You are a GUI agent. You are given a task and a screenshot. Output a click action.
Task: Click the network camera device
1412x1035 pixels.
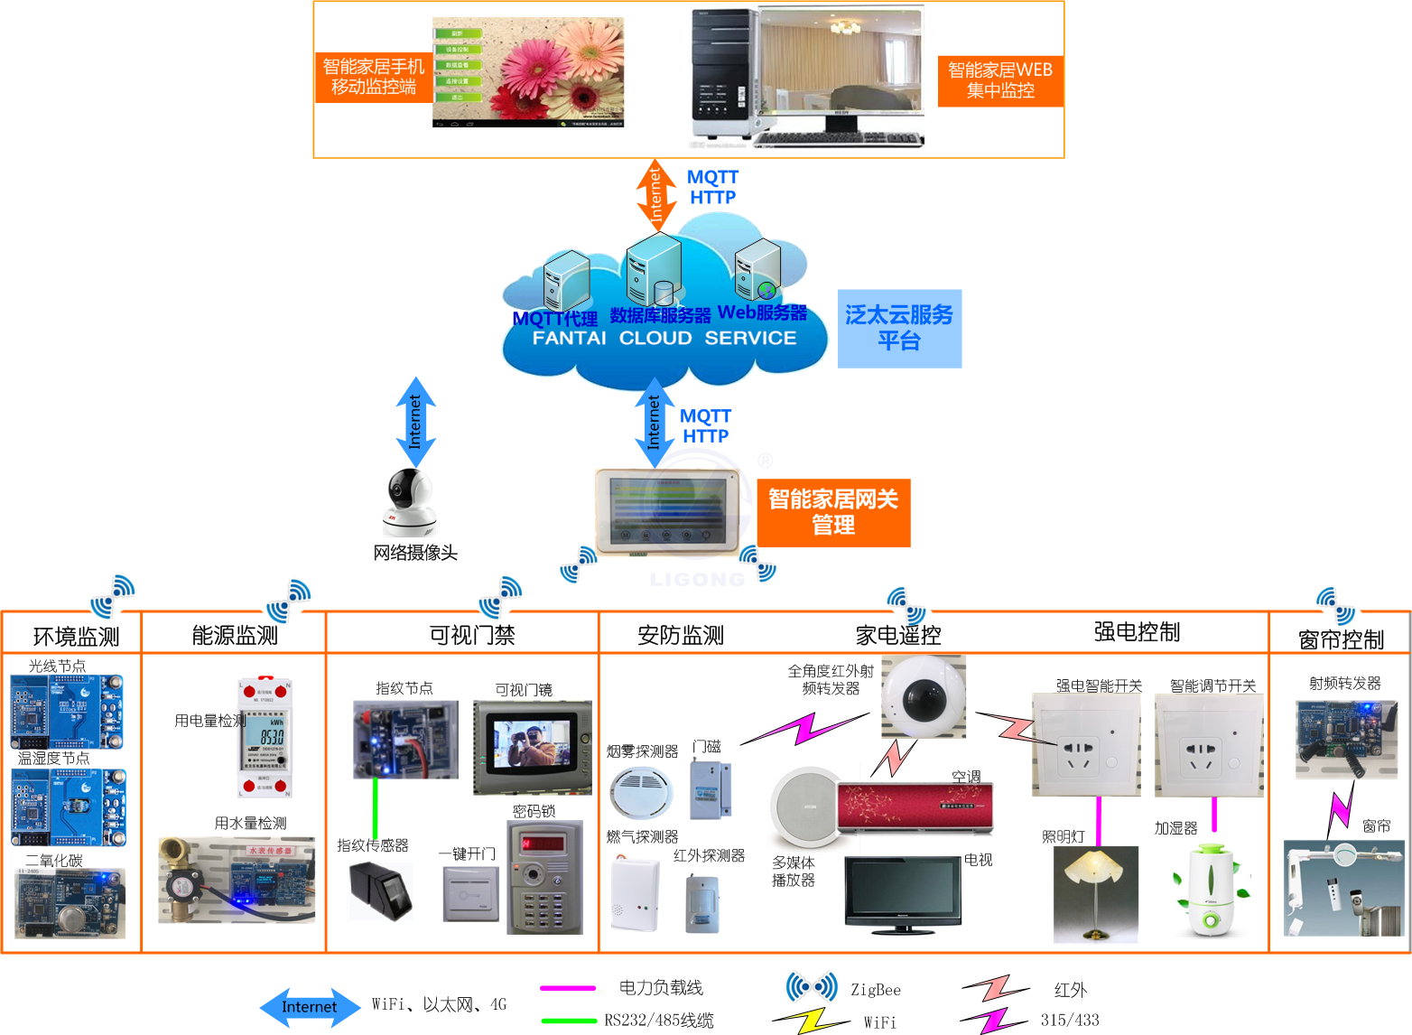[x=412, y=501]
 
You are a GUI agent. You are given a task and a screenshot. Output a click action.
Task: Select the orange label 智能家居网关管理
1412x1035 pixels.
[x=833, y=512]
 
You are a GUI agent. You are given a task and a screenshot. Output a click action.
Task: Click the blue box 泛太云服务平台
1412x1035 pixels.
[x=899, y=328]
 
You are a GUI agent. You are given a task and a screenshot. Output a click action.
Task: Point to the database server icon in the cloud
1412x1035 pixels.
[x=654, y=270]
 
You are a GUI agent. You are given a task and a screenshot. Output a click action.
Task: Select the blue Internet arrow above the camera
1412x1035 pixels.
[x=415, y=422]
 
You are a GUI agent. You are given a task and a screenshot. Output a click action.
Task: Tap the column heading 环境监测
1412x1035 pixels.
[x=76, y=637]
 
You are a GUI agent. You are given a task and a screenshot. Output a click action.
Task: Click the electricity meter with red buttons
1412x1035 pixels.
[x=265, y=736]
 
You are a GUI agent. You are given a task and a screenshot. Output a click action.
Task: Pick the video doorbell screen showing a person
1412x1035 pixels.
[x=532, y=745]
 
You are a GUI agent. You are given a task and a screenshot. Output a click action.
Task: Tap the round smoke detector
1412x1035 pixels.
[x=641, y=790]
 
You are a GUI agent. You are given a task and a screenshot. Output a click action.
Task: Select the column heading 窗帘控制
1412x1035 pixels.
[x=1341, y=639]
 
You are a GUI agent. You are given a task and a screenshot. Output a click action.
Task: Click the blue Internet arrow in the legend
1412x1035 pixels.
[x=310, y=1007]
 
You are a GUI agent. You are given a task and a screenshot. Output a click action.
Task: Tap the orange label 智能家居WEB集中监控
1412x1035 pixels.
[x=1000, y=79]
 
